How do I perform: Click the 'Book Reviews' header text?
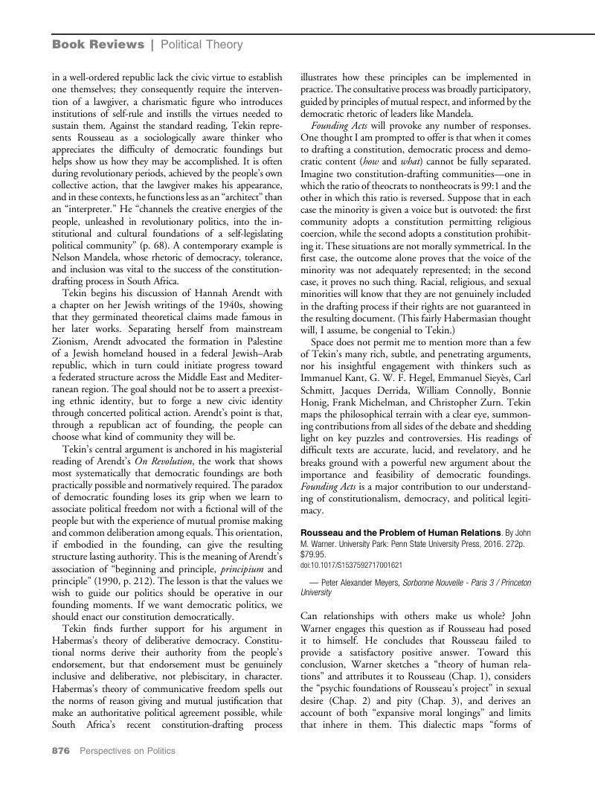(98, 45)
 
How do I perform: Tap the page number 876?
(60, 751)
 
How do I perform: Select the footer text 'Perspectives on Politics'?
(127, 751)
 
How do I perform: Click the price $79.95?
(312, 554)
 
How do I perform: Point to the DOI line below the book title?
(350, 565)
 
